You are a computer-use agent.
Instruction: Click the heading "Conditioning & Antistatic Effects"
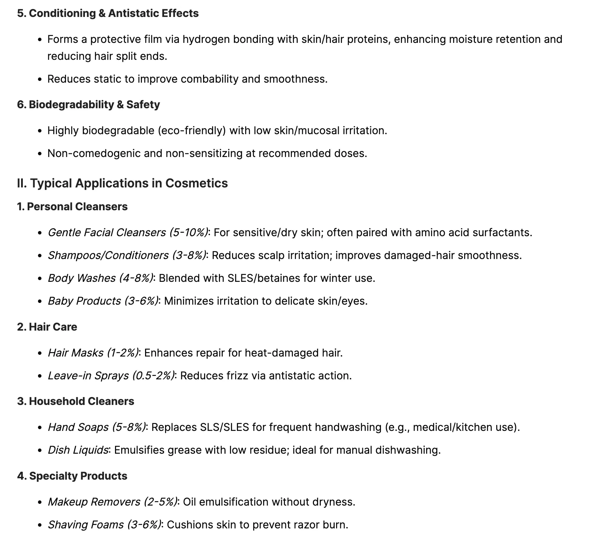(114, 13)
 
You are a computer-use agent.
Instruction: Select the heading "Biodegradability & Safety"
(94, 104)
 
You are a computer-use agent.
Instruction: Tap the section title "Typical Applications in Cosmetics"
(128, 183)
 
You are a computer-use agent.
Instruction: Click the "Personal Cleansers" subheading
(77, 206)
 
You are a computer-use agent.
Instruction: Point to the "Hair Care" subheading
(53, 327)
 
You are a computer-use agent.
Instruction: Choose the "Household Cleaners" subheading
(82, 401)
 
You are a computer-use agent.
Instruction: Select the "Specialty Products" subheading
(78, 476)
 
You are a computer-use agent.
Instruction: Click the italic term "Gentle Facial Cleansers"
(107, 232)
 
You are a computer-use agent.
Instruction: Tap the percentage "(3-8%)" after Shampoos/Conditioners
(188, 255)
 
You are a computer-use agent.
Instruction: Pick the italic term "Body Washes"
(82, 278)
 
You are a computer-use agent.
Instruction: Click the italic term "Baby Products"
(84, 301)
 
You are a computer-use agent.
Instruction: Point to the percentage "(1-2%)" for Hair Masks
(123, 353)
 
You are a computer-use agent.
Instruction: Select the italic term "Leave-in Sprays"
(88, 376)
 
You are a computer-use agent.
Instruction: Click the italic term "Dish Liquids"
(78, 450)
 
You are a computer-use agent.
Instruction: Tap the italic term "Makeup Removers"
(94, 502)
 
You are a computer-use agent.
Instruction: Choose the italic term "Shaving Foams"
(86, 525)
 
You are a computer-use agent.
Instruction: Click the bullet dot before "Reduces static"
(40, 79)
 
